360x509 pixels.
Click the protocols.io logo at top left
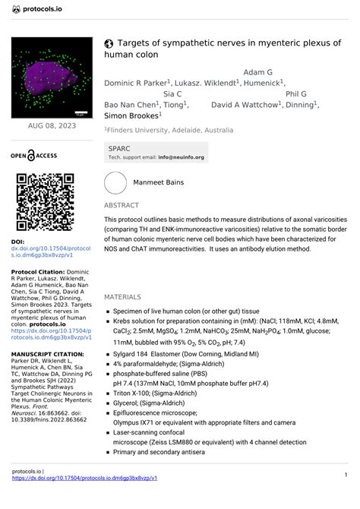tap(39, 10)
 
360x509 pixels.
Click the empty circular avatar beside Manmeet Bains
tap(115, 183)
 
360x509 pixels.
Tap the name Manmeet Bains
tap(158, 183)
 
